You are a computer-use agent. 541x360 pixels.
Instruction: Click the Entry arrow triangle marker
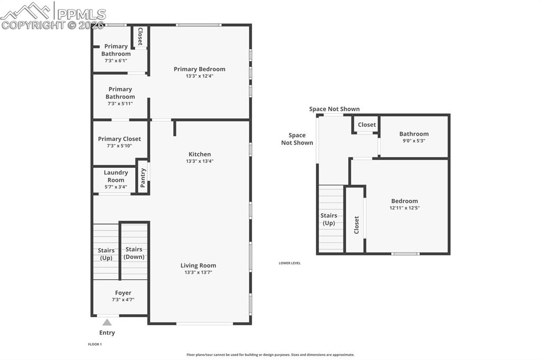[x=107, y=322]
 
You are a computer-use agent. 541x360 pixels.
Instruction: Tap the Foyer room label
[x=123, y=293]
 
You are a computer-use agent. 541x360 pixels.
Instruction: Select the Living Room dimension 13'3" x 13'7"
[x=198, y=272]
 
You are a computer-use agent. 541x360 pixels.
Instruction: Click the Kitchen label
[x=199, y=154]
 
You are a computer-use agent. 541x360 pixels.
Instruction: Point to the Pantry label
[x=143, y=177]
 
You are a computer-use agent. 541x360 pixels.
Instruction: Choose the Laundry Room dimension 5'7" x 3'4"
[x=116, y=186]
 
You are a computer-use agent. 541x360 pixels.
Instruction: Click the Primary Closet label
[x=119, y=139]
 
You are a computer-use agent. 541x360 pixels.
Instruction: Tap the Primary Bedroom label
[x=199, y=69]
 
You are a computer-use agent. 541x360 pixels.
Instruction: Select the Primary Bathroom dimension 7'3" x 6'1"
[x=116, y=61]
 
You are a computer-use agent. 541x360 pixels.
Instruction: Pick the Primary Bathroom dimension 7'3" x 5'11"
[x=120, y=103]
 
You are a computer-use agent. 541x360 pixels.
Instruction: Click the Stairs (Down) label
[x=134, y=253]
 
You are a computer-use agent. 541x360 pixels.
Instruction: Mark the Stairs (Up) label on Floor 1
[x=106, y=254]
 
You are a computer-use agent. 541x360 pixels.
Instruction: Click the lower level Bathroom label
[x=414, y=134]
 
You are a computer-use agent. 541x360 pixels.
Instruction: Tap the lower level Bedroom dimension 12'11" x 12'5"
[x=404, y=207]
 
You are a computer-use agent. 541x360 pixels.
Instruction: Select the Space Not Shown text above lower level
[x=334, y=109]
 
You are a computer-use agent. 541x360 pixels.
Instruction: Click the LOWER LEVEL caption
[x=290, y=263]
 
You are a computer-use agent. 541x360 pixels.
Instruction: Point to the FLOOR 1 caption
[x=95, y=344]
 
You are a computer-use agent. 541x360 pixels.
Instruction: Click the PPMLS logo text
[x=81, y=14]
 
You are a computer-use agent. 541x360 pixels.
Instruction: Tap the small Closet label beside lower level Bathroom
[x=367, y=125]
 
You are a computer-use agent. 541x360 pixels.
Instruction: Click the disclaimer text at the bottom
[x=270, y=355]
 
